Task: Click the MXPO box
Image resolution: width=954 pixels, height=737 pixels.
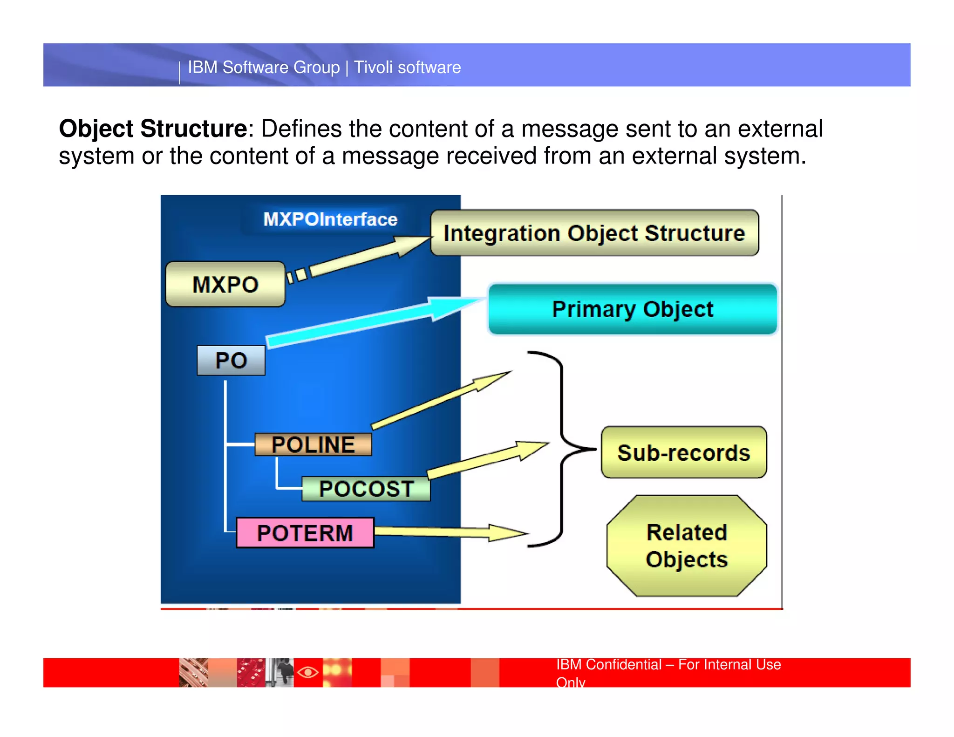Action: [225, 284]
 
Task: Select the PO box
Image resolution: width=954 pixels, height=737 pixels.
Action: [231, 360]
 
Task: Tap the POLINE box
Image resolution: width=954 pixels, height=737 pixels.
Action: [313, 444]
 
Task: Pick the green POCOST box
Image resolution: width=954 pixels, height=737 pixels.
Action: [366, 489]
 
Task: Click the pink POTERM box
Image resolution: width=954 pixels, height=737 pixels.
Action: [305, 532]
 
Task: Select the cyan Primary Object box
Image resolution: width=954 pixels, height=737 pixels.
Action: [632, 309]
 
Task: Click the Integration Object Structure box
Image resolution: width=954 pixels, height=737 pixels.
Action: [594, 233]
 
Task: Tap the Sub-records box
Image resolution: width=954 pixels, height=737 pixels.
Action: [683, 452]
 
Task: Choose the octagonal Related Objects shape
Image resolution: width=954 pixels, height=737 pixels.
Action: [687, 546]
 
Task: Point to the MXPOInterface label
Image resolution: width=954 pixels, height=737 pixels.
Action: [330, 219]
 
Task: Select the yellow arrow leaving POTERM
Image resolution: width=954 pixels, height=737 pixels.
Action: [447, 532]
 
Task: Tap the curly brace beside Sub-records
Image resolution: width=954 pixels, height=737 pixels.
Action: [563, 449]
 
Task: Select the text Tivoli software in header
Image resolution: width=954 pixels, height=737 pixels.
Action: [407, 68]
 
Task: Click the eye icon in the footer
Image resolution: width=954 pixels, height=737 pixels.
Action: [308, 672]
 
